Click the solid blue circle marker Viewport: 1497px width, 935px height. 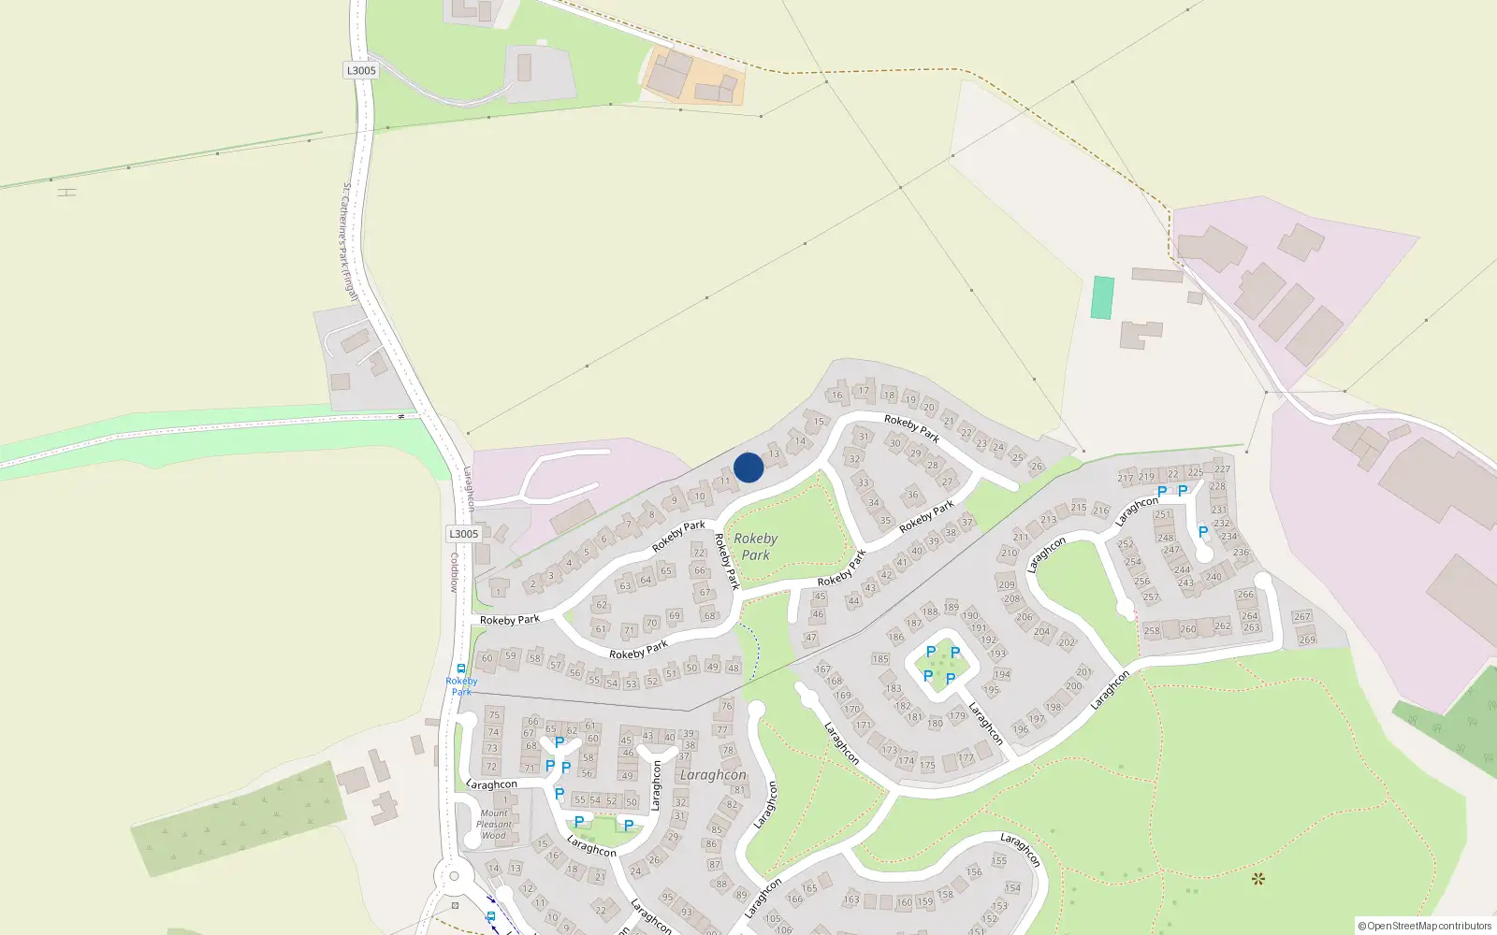(x=748, y=467)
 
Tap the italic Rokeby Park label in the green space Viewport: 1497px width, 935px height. (x=755, y=547)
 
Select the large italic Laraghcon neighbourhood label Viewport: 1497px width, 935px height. (x=713, y=775)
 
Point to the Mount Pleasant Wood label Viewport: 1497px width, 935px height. (x=494, y=824)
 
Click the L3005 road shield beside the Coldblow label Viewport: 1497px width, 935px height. (x=463, y=534)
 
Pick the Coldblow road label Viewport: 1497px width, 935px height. (x=455, y=572)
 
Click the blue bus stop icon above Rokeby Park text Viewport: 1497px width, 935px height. (x=461, y=669)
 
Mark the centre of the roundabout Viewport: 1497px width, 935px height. (x=454, y=876)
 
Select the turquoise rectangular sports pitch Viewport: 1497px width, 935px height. (x=1103, y=297)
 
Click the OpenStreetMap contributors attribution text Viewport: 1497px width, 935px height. (x=1424, y=927)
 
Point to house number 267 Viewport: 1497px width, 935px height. (x=1302, y=617)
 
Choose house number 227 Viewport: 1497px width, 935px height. (x=1222, y=469)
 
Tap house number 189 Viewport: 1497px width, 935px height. (x=951, y=608)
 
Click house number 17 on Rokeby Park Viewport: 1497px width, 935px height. (x=864, y=391)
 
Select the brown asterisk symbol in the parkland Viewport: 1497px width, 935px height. (x=1257, y=878)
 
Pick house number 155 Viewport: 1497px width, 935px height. (x=999, y=861)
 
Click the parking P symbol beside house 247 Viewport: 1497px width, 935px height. (x=1203, y=532)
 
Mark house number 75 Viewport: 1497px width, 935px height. (x=494, y=715)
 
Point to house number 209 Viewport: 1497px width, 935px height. (x=1007, y=585)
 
